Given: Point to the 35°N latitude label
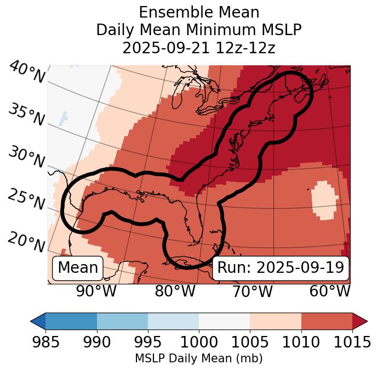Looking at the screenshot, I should point(26,114).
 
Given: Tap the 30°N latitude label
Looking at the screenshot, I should point(26,158).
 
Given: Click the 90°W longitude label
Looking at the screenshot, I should point(96,291).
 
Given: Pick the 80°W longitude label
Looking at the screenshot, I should point(175,291).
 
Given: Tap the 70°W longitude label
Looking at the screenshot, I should point(252,291).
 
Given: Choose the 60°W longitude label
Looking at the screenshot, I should point(330,291).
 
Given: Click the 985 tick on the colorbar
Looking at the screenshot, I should point(45,342).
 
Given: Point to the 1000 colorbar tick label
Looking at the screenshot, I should point(199,342).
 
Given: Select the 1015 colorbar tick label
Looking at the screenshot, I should point(352,342).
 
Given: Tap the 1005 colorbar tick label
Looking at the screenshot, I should point(250,342).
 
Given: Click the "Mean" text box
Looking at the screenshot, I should point(78,268).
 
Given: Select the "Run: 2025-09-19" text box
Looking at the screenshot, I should point(281,268).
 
